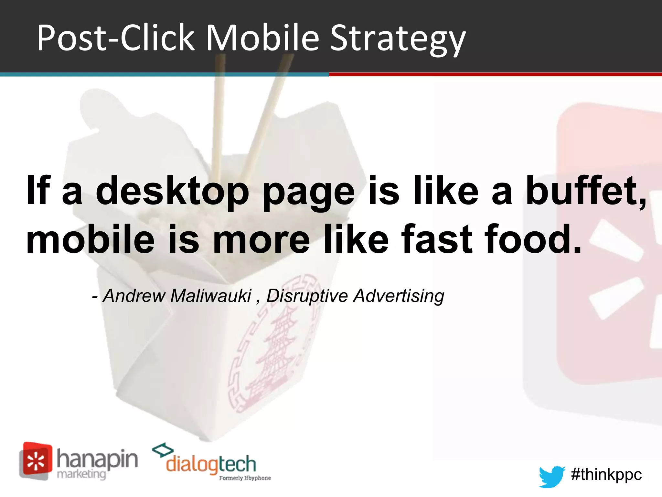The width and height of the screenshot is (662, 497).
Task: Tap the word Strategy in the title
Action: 398,39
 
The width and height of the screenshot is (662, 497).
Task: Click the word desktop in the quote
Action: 172,192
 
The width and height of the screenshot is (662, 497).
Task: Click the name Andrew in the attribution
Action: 134,296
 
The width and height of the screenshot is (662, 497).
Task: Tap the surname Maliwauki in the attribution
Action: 211,296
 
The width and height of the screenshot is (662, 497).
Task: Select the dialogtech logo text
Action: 211,464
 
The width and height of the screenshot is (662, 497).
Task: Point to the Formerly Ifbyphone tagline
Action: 245,478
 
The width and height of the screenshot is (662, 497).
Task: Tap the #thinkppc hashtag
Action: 606,475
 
